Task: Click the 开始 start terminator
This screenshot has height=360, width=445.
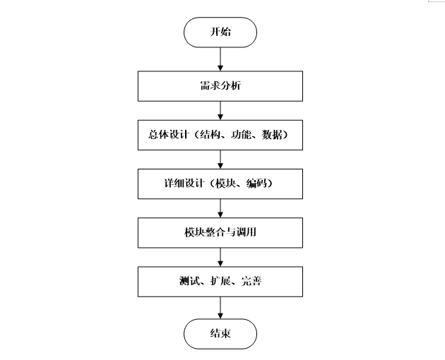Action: pyautogui.click(x=220, y=32)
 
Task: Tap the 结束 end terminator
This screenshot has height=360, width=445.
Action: pyautogui.click(x=220, y=334)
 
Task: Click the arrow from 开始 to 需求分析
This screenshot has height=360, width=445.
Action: pyautogui.click(x=220, y=60)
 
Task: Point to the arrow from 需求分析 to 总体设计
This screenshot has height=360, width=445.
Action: pyautogui.click(x=220, y=110)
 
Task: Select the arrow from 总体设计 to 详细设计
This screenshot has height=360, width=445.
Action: pyautogui.click(x=220, y=159)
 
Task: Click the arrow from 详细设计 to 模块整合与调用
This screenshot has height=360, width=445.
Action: pyautogui.click(x=220, y=208)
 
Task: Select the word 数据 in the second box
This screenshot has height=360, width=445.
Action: pyautogui.click(x=271, y=136)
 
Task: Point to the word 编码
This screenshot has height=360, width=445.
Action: pyautogui.click(x=255, y=184)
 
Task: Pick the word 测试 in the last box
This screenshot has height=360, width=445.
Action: pyautogui.click(x=187, y=282)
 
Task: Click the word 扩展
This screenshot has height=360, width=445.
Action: pyautogui.click(x=219, y=282)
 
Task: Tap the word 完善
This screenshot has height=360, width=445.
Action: pyautogui.click(x=251, y=282)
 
